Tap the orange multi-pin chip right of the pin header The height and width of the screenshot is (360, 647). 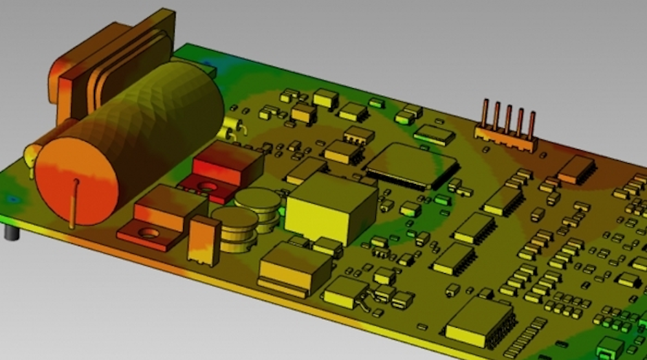coord(576,168)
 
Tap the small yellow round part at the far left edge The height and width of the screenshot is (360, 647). coord(29,155)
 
